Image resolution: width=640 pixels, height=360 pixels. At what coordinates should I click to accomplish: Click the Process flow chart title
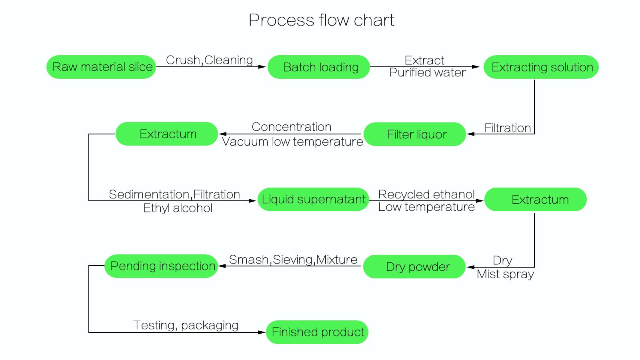point(321,20)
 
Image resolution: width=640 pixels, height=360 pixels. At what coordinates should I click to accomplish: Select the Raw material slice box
point(102,67)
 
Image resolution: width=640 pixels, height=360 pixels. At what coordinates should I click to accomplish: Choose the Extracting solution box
point(541,67)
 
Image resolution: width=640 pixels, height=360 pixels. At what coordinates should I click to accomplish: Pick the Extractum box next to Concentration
point(167,134)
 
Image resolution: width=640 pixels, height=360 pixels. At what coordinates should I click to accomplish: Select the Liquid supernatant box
point(313,199)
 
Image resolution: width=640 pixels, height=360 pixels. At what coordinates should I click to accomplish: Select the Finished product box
point(317,332)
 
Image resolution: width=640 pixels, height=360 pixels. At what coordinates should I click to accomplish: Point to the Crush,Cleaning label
point(209,60)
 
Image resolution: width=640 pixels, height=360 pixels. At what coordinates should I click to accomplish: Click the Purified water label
point(427,73)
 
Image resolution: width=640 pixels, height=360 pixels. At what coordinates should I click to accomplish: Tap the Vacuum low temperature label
point(292,142)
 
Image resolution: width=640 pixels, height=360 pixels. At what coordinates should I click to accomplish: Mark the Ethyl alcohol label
point(178,208)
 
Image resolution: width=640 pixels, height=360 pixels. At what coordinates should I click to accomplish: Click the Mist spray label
point(505,274)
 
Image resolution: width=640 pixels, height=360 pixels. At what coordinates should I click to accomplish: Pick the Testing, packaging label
point(186,325)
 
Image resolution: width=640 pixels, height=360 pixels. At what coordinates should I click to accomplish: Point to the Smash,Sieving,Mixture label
point(293,260)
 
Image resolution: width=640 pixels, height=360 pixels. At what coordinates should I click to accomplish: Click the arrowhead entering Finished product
point(262,332)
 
